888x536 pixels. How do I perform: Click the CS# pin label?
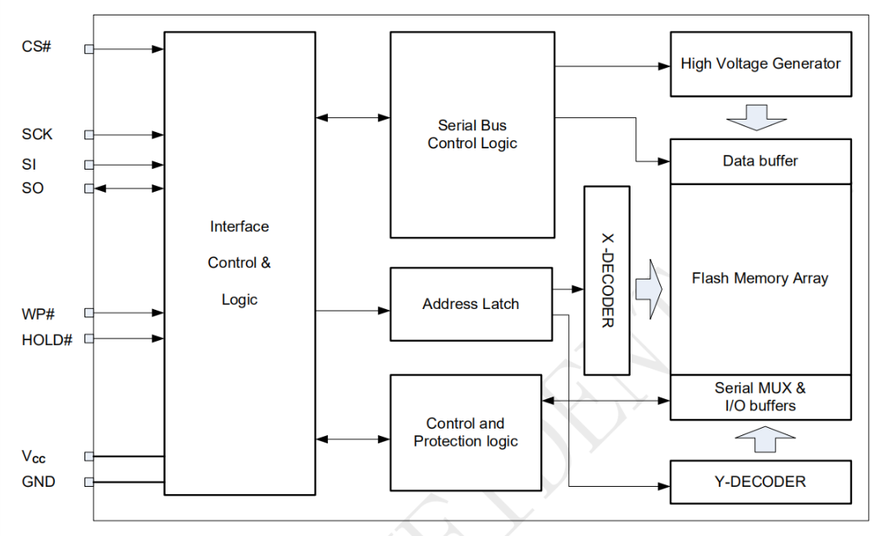37,46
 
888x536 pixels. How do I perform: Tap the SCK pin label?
38,134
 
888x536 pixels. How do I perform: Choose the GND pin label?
39,482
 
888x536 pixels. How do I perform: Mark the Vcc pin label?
34,457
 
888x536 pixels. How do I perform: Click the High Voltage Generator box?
760,63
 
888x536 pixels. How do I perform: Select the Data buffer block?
760,161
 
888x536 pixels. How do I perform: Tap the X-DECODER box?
607,280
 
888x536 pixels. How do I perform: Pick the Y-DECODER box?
760,482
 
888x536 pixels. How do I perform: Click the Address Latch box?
471,304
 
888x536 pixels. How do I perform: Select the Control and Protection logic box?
466,433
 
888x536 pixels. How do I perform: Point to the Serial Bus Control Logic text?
472,134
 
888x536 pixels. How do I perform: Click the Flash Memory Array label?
760,279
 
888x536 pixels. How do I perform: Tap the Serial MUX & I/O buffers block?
760,397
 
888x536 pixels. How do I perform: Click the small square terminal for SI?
89,165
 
